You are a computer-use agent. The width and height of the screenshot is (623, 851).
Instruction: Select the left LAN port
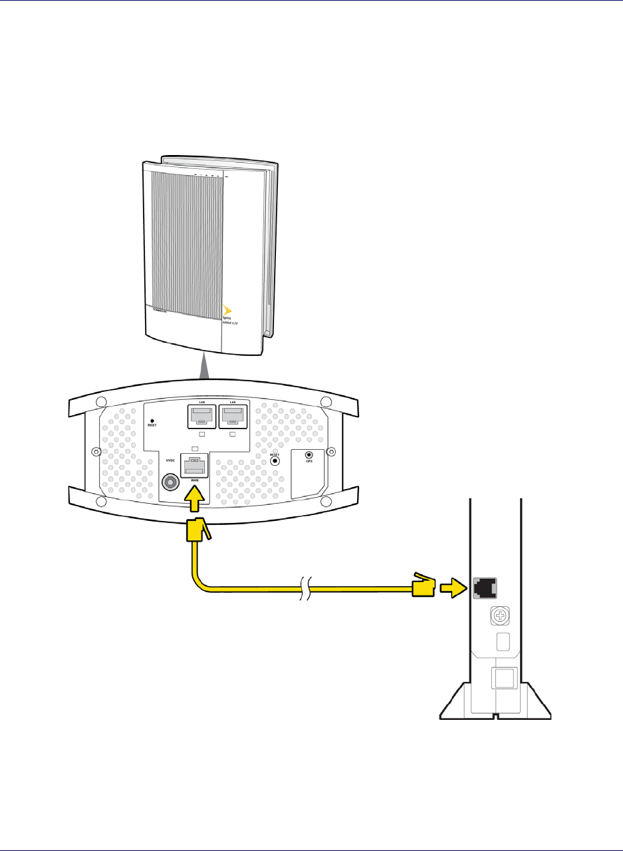click(201, 418)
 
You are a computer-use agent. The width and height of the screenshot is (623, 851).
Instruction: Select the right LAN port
click(232, 418)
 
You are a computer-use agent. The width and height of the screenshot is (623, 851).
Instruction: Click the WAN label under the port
click(195, 480)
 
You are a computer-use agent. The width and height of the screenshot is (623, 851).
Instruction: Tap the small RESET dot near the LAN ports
click(153, 421)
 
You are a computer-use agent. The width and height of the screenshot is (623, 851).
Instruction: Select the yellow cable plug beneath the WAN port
click(197, 532)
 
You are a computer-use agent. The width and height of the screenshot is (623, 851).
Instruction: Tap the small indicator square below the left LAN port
click(201, 434)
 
